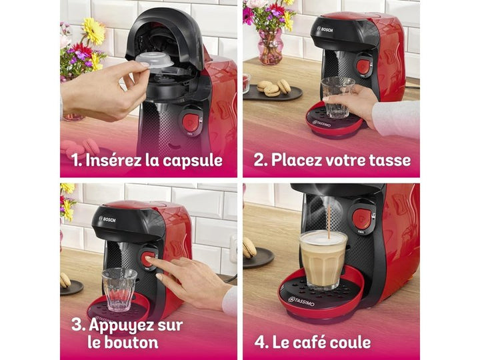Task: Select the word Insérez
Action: (117, 160)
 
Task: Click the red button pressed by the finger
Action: (148, 258)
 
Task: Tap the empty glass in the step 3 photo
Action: (119, 288)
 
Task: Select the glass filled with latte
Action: (323, 259)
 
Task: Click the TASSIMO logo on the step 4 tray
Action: (305, 299)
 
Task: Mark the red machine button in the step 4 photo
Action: (362, 217)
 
